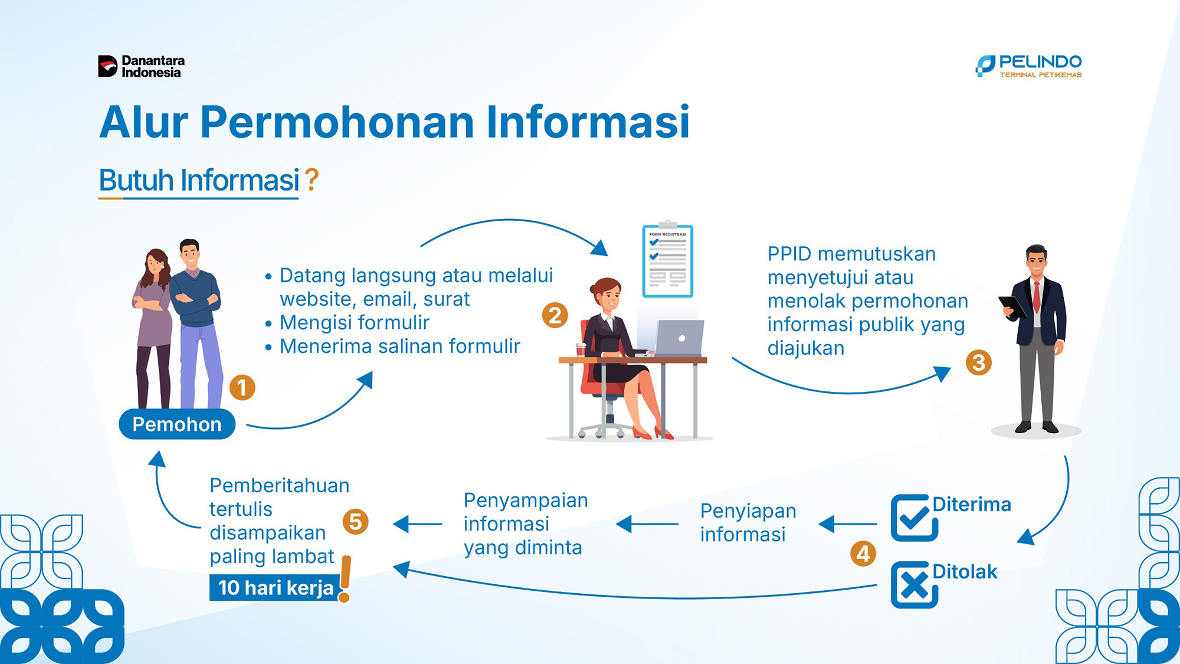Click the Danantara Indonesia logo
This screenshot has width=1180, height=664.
[142, 67]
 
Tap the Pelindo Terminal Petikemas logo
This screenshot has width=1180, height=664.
[1029, 66]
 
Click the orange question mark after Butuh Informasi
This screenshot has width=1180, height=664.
[312, 179]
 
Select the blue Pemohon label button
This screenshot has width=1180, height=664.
[177, 424]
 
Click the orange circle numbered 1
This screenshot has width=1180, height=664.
[242, 388]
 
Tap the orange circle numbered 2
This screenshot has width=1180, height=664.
[555, 315]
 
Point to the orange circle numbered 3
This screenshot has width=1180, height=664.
[979, 362]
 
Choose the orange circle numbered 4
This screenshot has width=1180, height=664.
[863, 554]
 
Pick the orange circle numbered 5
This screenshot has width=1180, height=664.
[356, 522]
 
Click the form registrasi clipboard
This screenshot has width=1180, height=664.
[668, 260]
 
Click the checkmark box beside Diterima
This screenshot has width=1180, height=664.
[914, 518]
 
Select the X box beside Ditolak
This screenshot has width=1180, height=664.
[914, 585]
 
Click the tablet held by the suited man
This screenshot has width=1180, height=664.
[1012, 307]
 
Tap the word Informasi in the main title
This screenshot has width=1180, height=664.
[588, 122]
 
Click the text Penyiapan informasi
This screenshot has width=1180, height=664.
[748, 522]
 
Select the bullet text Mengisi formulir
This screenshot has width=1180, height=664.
[355, 323]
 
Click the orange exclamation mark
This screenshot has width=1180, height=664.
[345, 579]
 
